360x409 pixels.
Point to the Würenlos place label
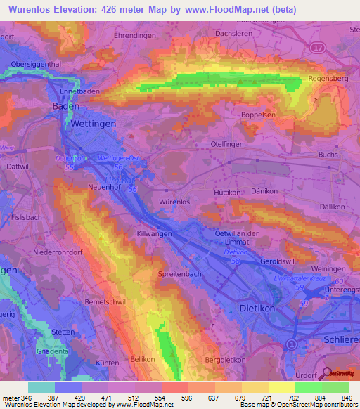(x=174, y=202)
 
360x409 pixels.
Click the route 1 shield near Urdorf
(x=291, y=344)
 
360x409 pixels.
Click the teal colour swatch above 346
(x=41, y=387)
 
